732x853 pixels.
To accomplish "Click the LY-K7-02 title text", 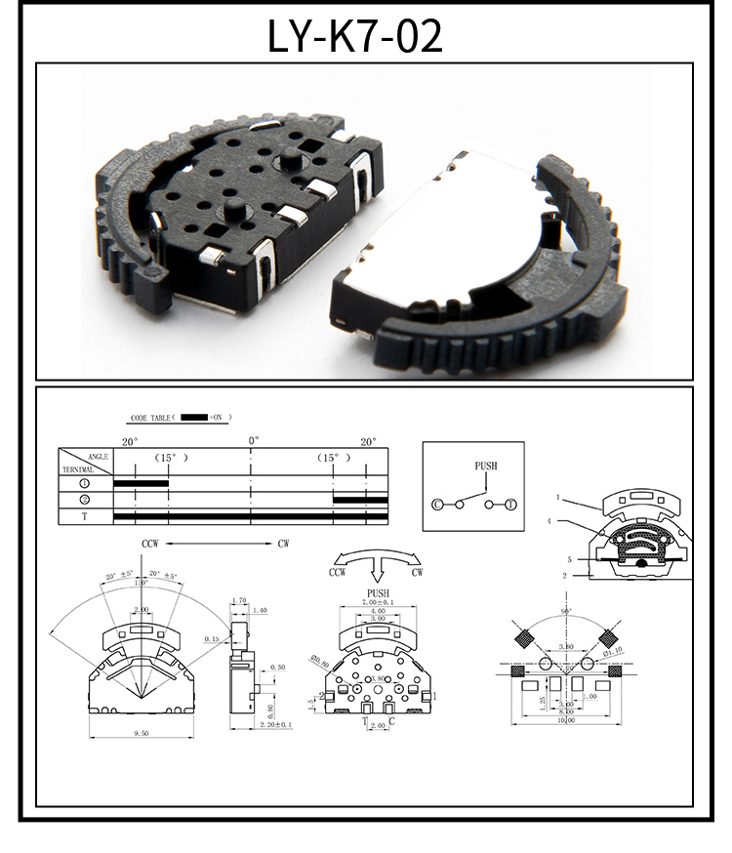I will (x=355, y=35).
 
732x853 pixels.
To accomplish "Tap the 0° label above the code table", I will (x=253, y=441).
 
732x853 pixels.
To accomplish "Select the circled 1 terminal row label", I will (x=85, y=483).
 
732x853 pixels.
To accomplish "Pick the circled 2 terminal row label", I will (x=85, y=500).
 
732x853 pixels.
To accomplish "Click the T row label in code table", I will (x=85, y=516).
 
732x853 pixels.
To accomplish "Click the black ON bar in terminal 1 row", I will (x=142, y=483).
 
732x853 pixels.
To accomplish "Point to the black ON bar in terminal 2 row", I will (x=360, y=500).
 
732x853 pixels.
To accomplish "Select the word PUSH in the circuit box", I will (x=486, y=467).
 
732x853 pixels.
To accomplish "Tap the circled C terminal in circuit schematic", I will (x=437, y=505).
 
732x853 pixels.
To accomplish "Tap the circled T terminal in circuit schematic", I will (x=509, y=505).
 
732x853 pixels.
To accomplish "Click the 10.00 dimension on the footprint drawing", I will (x=565, y=721).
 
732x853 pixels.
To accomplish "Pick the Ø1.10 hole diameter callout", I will (x=612, y=652).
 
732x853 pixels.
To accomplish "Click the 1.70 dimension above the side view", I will (x=239, y=601).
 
